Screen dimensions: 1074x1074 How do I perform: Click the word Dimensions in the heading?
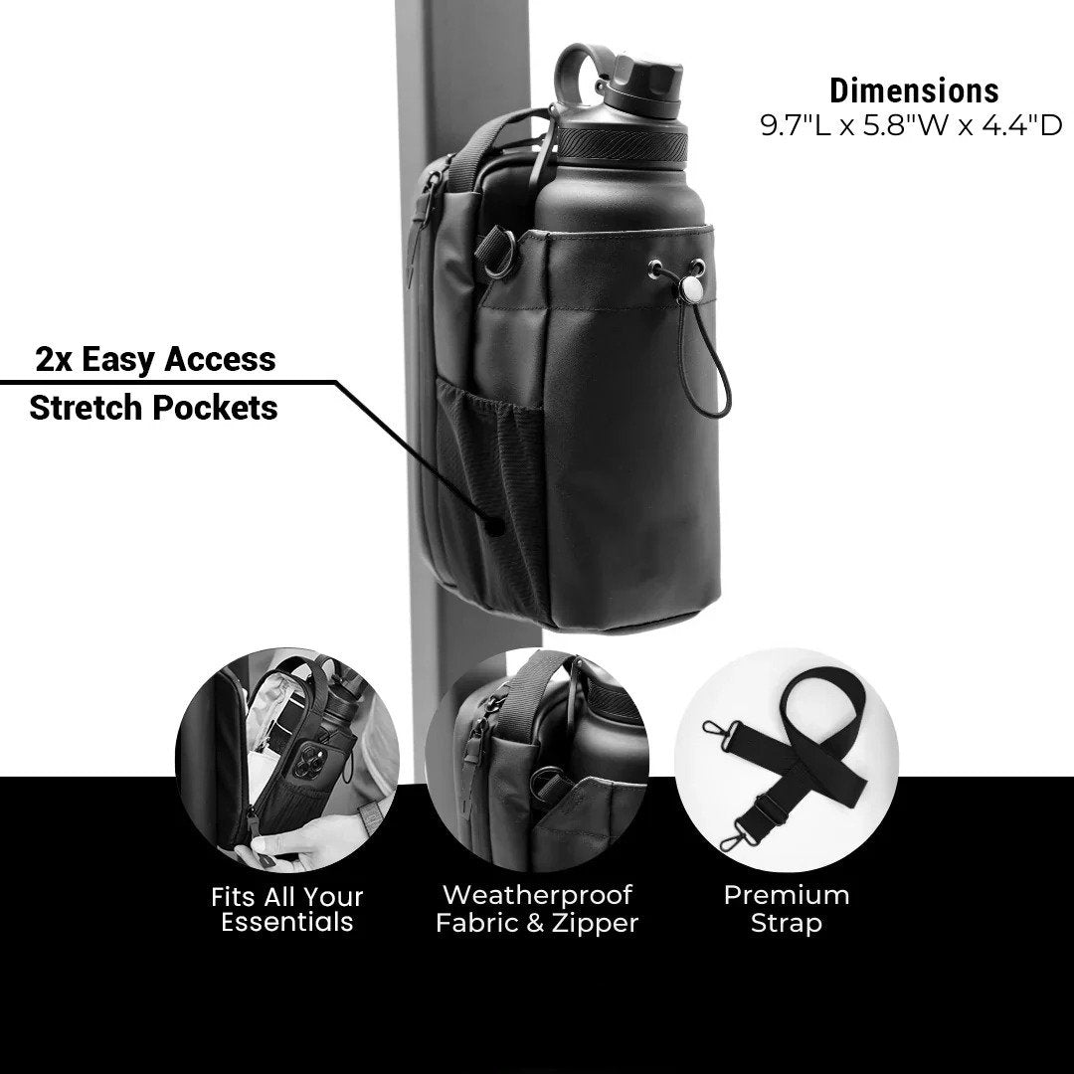(914, 90)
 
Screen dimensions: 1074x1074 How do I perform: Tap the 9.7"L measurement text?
(796, 126)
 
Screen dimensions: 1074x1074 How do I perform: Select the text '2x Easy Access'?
(155, 358)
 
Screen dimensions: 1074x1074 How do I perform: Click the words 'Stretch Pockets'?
(154, 407)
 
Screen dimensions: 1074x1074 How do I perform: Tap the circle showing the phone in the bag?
(287, 760)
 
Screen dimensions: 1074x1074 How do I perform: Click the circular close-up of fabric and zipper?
(537, 760)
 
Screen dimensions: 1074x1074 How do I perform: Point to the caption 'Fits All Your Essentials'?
(287, 909)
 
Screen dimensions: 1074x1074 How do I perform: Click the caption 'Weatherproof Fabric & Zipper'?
(537, 909)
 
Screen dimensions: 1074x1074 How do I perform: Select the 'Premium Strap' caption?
(787, 909)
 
